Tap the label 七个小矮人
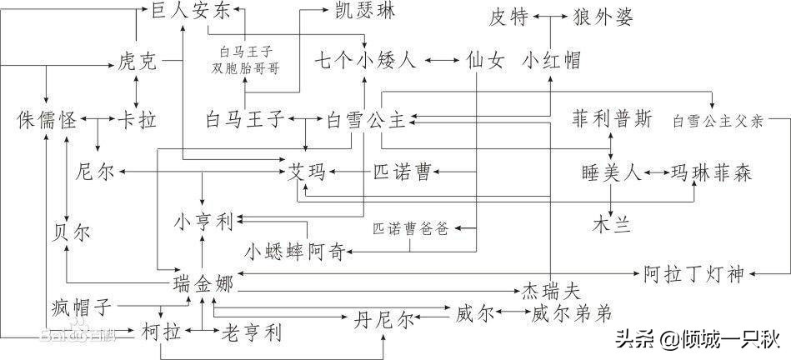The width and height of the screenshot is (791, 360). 363,61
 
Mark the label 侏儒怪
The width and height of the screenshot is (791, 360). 47,119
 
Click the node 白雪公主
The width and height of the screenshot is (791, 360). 365,119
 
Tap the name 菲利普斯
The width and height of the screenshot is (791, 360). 612,118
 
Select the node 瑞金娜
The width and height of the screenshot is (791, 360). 203,282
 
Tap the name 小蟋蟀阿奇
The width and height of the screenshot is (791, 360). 293,251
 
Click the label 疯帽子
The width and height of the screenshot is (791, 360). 81,307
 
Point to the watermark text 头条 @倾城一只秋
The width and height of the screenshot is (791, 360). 697,339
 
